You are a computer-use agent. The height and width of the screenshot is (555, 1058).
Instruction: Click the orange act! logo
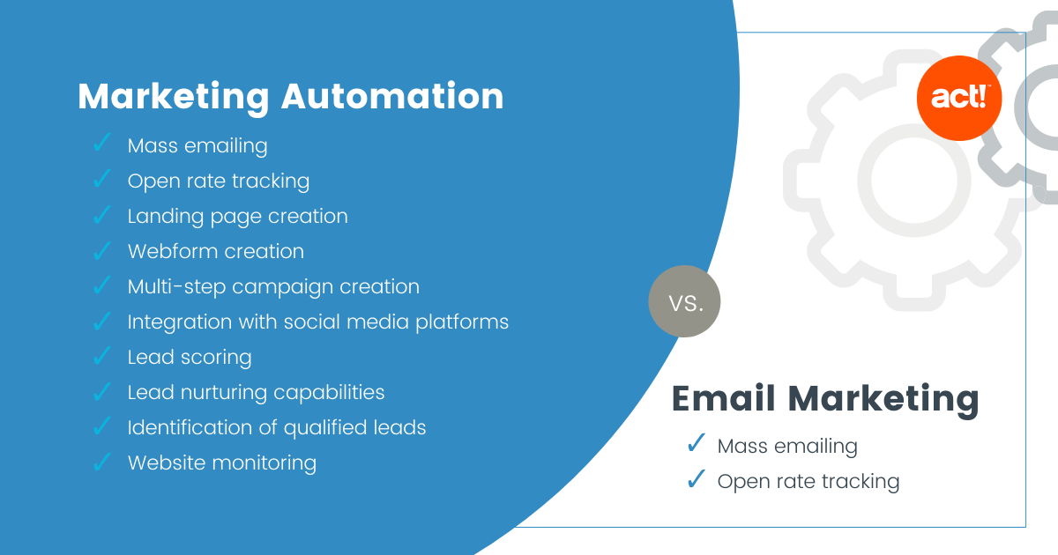(x=959, y=98)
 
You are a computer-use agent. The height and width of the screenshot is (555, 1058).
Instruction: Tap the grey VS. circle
(x=684, y=301)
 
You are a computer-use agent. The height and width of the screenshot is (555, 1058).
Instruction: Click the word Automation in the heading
(x=392, y=96)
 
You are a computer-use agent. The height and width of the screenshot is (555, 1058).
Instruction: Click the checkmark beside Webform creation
(x=102, y=250)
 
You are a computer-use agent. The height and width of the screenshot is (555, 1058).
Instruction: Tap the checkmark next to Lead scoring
(x=102, y=356)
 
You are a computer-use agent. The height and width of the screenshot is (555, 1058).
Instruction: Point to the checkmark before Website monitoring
(x=102, y=462)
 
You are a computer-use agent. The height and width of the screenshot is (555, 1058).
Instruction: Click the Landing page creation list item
(x=237, y=217)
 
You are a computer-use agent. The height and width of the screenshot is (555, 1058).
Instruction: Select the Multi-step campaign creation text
(x=273, y=287)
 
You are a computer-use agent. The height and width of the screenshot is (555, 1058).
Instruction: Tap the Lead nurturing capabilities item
(x=256, y=393)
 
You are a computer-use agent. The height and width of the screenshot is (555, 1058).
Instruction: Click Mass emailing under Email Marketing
(x=787, y=447)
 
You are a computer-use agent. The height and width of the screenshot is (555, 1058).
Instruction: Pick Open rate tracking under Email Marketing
(x=808, y=482)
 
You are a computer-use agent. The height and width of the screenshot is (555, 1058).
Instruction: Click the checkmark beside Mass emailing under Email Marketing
(x=697, y=443)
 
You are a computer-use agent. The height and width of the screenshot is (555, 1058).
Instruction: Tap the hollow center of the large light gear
(x=914, y=180)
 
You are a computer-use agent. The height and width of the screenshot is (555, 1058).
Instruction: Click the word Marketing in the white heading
(x=174, y=98)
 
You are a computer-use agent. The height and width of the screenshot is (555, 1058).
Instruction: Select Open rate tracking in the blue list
(x=219, y=181)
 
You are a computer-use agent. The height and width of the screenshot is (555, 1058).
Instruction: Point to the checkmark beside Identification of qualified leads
(x=102, y=426)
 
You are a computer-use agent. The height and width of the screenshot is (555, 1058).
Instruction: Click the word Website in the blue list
(x=168, y=462)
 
